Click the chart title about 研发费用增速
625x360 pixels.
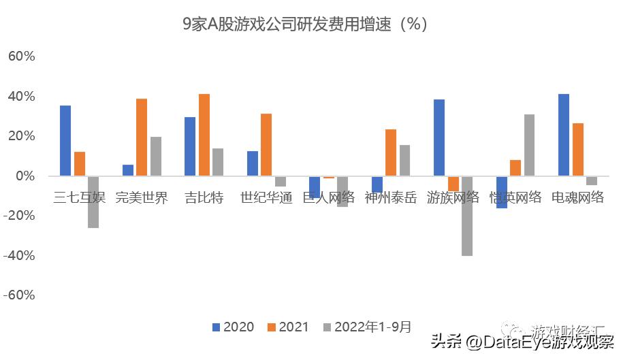pyautogui.click(x=304, y=24)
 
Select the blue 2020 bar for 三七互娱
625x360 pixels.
pyautogui.click(x=65, y=141)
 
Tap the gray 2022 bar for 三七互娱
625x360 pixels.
pyautogui.click(x=93, y=201)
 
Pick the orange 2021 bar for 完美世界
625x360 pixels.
pyautogui.click(x=142, y=137)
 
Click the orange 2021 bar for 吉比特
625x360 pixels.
pyautogui.click(x=204, y=135)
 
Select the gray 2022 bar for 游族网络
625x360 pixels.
pyautogui.click(x=467, y=216)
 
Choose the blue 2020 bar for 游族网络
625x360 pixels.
pyautogui.click(x=439, y=137)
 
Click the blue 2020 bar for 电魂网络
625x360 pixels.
pyautogui.click(x=564, y=135)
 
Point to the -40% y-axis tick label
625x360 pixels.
pyautogui.click(x=19, y=256)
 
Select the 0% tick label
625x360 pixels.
pyautogui.click(x=25, y=176)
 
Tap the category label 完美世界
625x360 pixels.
pyautogui.click(x=142, y=198)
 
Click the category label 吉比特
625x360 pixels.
pyautogui.click(x=204, y=198)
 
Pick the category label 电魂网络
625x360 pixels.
pyautogui.click(x=577, y=198)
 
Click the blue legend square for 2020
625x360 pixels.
pyautogui.click(x=217, y=327)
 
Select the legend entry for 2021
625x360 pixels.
pyautogui.click(x=289, y=327)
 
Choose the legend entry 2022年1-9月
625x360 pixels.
pyautogui.click(x=372, y=327)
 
